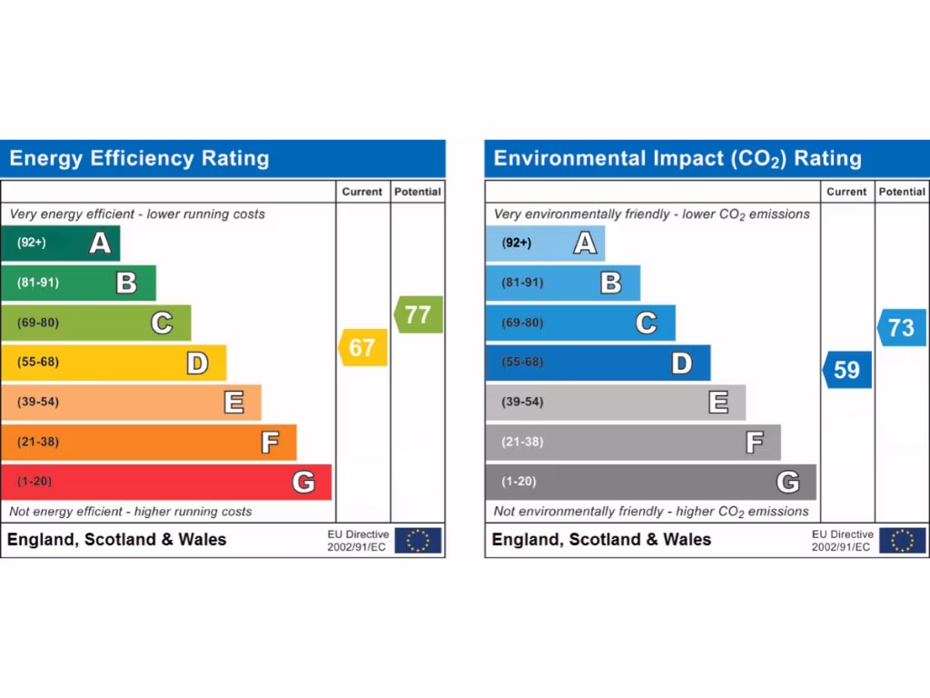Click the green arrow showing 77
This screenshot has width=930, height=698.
419,314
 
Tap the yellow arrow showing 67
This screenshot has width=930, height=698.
363,347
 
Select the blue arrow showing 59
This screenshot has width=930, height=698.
847,370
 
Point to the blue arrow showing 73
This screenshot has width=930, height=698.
902,327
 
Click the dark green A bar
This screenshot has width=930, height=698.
60,243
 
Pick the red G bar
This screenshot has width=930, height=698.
165,482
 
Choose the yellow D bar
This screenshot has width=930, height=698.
113,363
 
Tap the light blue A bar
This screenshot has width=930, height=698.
544,243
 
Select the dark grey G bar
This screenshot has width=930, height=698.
649,482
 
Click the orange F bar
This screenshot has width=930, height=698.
148,442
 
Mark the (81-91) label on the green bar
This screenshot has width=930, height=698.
37,283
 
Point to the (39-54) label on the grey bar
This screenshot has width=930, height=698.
522,402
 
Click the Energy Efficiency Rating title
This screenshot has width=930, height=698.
140,159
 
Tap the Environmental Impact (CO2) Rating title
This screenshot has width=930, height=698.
678,159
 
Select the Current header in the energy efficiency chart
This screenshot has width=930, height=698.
362,192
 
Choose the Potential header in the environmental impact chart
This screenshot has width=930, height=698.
902,192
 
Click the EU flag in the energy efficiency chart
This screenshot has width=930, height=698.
418,540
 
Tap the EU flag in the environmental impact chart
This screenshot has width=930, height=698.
902,540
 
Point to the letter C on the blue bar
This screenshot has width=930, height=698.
646,323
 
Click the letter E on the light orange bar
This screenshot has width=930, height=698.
233,402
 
